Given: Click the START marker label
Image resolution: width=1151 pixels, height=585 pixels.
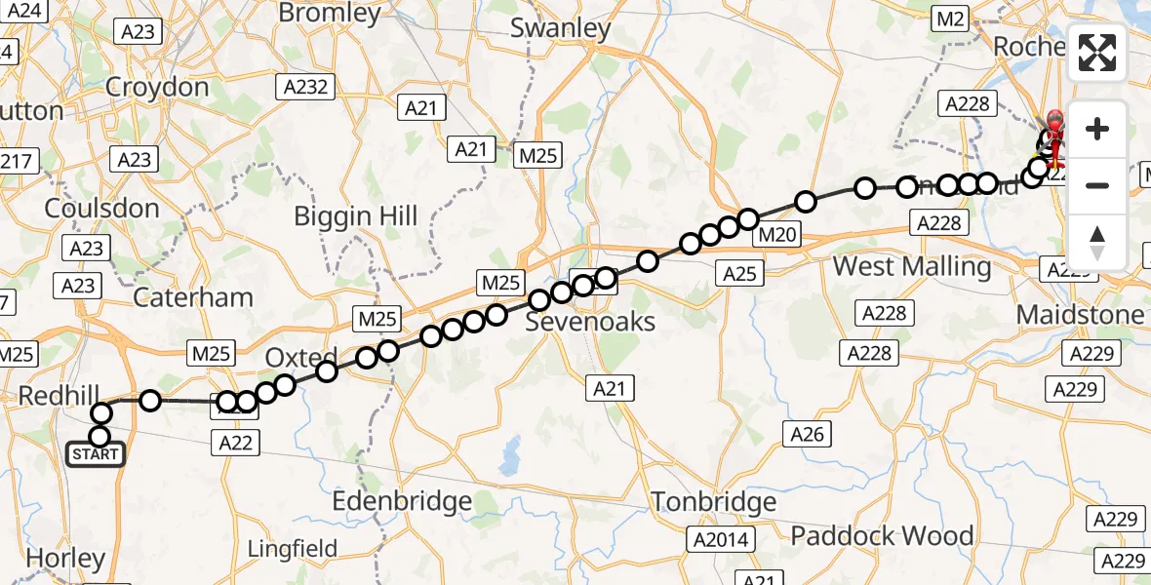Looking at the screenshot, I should (x=96, y=454).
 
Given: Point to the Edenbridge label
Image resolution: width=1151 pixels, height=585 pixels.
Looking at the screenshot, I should (x=402, y=502).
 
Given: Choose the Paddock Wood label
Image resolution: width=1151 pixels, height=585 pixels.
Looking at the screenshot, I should (x=882, y=535).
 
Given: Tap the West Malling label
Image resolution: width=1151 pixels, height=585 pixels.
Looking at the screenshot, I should (x=912, y=266).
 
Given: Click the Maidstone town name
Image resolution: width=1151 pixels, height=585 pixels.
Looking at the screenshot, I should (x=1080, y=315).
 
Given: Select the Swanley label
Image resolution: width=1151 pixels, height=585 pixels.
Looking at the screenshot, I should (x=561, y=28).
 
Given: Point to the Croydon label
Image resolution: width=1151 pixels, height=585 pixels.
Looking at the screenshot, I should (x=157, y=87).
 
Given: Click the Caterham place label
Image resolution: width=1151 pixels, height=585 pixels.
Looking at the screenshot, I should (x=193, y=297).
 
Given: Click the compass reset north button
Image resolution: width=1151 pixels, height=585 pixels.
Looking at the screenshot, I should (x=1097, y=242).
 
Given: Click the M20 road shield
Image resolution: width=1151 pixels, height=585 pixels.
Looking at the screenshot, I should (x=777, y=234).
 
